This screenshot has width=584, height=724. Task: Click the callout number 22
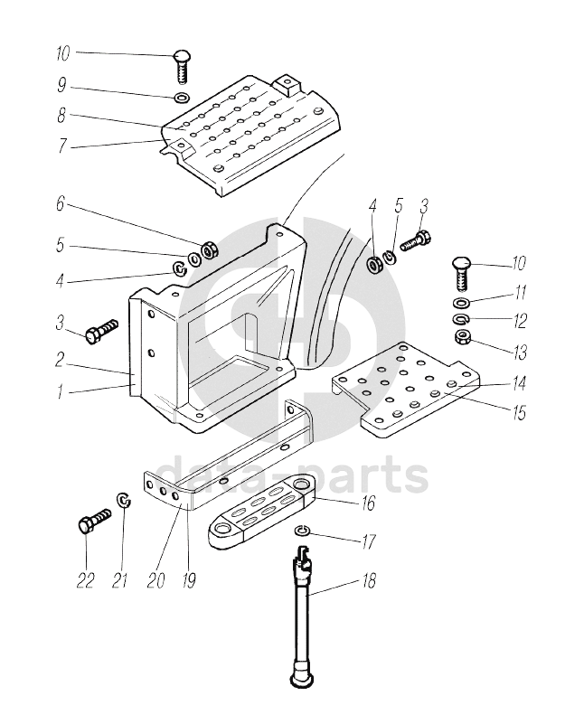pos(85,580)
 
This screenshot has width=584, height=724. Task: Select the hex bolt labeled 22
pos(94,520)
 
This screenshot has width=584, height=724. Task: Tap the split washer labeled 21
pos(124,500)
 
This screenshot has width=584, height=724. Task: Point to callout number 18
pos(369,580)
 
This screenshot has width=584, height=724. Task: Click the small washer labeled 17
pos(301,531)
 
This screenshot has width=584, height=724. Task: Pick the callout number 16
pos(368,503)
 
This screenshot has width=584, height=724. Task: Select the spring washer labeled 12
pos(460,318)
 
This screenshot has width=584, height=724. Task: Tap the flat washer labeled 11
pos(461,303)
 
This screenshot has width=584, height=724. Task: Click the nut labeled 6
pos(210,250)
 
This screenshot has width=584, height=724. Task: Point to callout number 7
pos(61,146)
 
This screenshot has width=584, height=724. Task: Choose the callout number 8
pos(61,116)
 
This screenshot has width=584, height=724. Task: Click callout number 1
pos(60,392)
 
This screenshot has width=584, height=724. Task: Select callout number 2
pos(59,361)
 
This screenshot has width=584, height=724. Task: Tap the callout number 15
pos(519,413)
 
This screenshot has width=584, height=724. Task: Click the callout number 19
pos(189,580)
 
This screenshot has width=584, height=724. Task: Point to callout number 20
pos(156,580)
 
